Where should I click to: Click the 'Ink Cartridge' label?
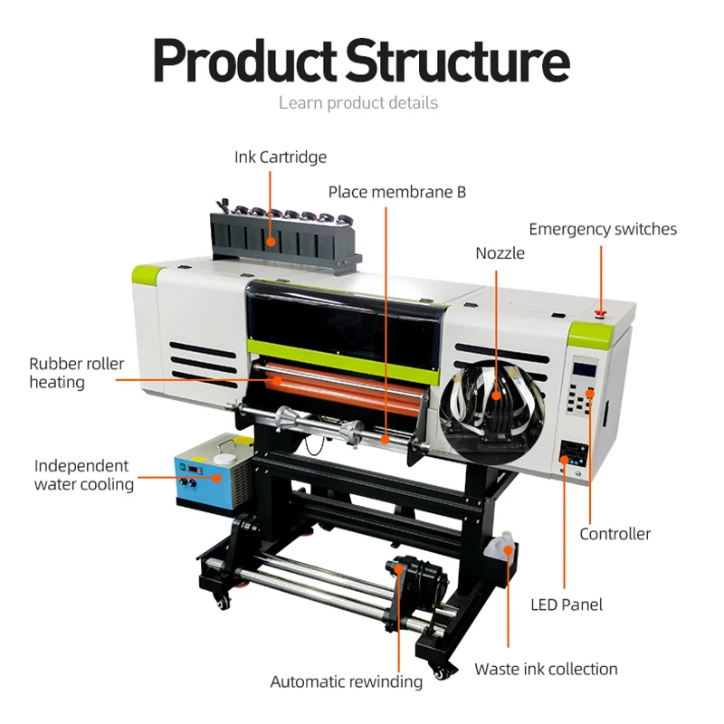tap(280, 157)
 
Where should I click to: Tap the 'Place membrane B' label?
tap(396, 192)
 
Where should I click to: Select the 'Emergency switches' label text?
tap(603, 230)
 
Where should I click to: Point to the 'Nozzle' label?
tap(500, 253)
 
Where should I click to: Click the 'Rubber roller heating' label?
tap(77, 373)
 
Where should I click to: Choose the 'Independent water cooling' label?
tap(83, 475)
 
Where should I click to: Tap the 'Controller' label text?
tap(614, 534)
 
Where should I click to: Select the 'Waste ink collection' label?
tap(546, 670)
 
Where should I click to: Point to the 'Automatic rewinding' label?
tap(347, 681)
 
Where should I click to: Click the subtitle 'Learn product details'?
tap(358, 103)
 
